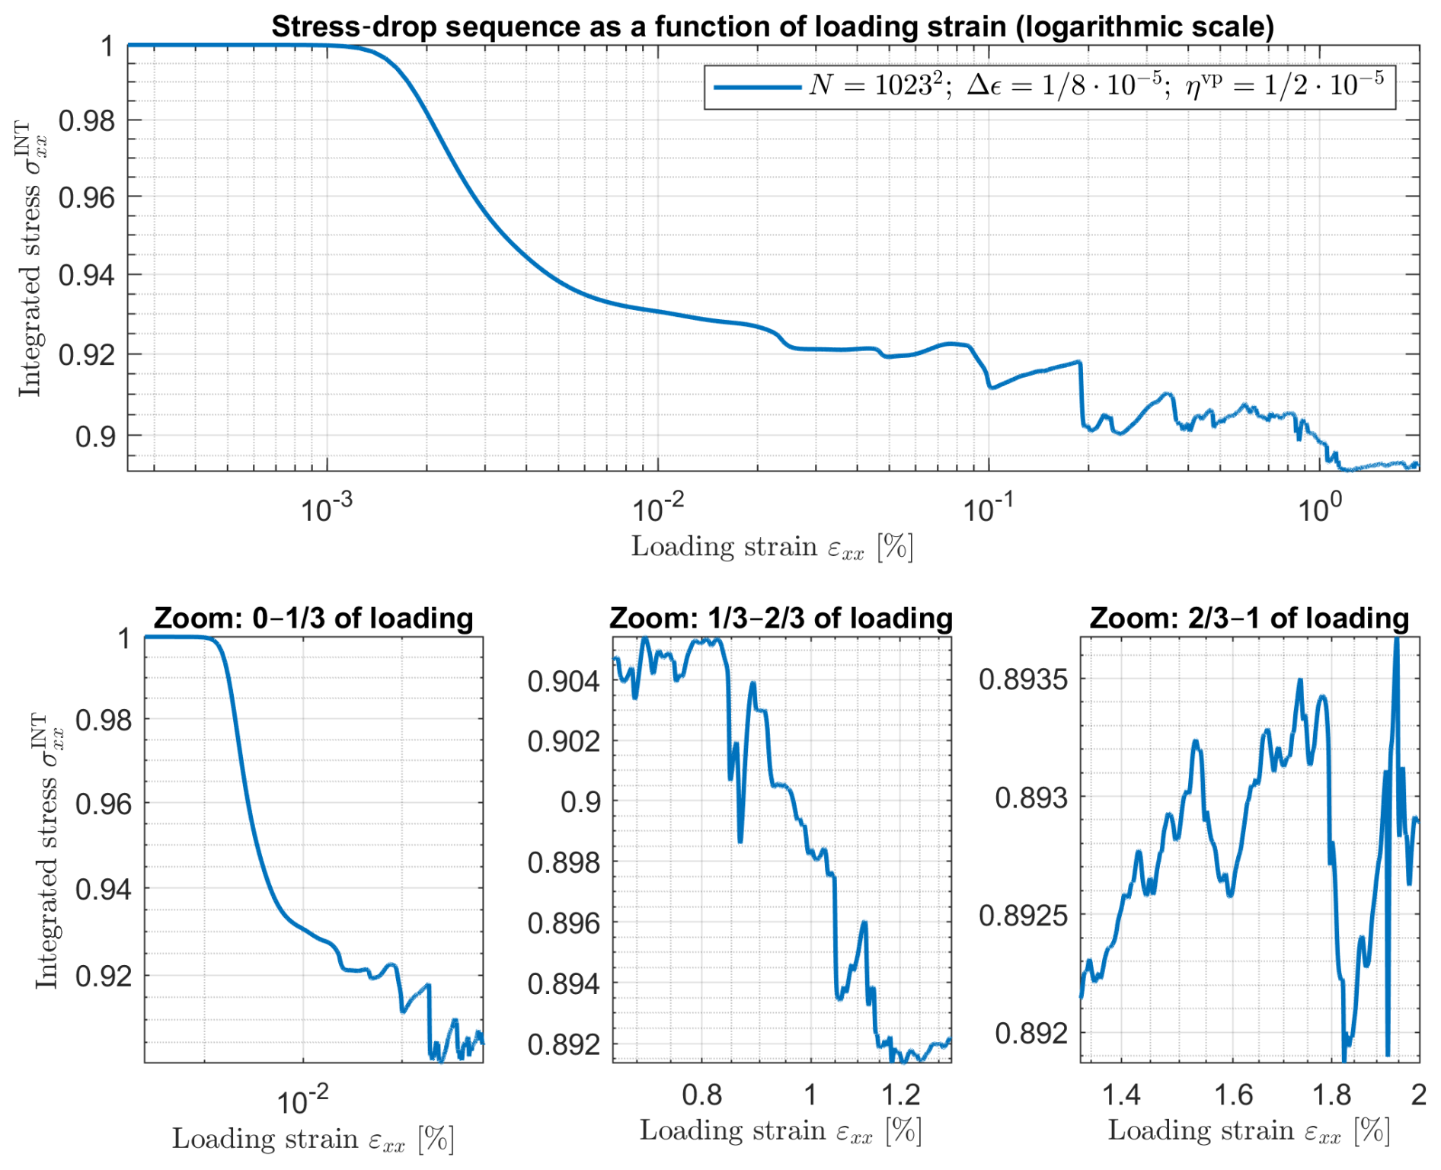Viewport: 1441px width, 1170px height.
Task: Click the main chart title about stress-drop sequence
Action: tap(772, 27)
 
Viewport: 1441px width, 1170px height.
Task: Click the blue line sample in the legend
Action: tap(757, 88)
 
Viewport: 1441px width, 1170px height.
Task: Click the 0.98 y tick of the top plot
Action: tap(87, 121)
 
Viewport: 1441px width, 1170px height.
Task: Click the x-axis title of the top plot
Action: tap(772, 548)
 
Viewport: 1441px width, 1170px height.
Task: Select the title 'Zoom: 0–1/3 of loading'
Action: tap(314, 619)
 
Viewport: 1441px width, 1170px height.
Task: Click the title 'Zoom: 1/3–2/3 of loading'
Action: tap(781, 619)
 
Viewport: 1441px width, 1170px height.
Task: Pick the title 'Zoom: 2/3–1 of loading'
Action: tap(1249, 619)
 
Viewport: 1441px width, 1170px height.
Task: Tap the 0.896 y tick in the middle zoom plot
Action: tap(564, 924)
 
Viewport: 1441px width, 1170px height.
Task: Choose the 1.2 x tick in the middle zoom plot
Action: tap(901, 1095)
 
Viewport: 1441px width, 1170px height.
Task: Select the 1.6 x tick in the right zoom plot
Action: tap(1233, 1095)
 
